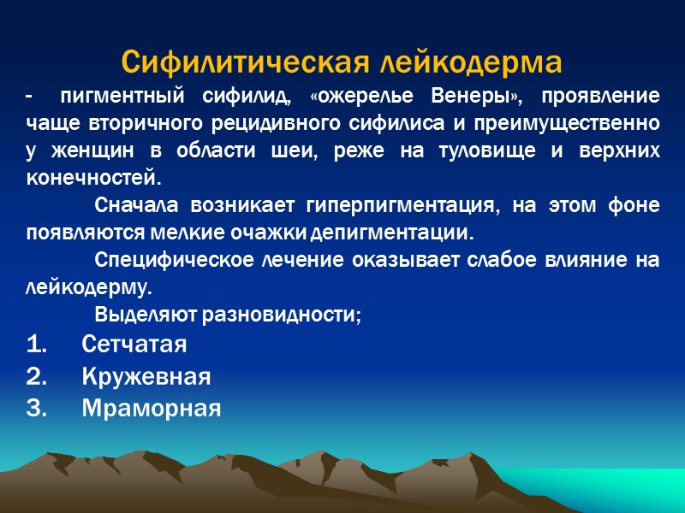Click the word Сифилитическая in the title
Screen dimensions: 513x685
click(x=232, y=62)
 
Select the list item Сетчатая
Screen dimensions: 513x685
click(x=134, y=345)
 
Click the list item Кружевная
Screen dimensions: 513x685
click(x=146, y=377)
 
